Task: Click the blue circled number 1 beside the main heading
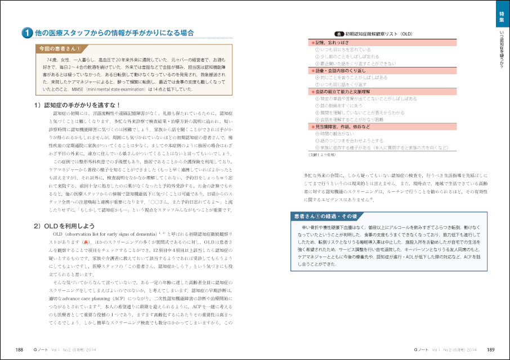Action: (26, 34)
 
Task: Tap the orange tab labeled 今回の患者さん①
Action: (59, 49)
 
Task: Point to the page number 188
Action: (19, 349)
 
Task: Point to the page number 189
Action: (490, 349)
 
